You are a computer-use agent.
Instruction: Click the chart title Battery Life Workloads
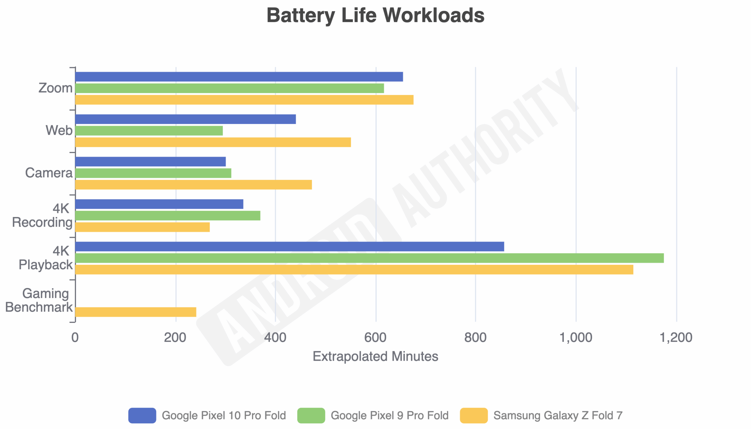click(375, 15)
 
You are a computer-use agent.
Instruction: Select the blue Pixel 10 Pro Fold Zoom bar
click(239, 77)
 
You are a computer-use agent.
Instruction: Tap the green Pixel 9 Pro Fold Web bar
click(149, 130)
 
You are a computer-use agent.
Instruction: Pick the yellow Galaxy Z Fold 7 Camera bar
click(193, 185)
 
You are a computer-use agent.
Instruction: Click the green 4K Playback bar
click(369, 258)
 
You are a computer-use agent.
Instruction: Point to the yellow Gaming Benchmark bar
click(136, 312)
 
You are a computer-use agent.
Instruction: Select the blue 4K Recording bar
click(159, 204)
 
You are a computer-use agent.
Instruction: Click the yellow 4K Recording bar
click(142, 227)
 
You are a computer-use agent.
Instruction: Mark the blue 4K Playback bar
click(290, 247)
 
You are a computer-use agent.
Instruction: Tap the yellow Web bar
click(213, 142)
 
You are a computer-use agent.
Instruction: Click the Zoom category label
click(55, 88)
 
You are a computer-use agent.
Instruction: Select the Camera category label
click(49, 173)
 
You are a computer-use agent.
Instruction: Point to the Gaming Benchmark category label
click(39, 300)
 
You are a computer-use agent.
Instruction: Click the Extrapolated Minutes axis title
click(375, 357)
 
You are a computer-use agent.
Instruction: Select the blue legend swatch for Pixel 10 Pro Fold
click(142, 416)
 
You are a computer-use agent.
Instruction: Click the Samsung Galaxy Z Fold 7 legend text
click(558, 416)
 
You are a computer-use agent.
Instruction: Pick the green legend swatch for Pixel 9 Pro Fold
click(311, 416)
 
